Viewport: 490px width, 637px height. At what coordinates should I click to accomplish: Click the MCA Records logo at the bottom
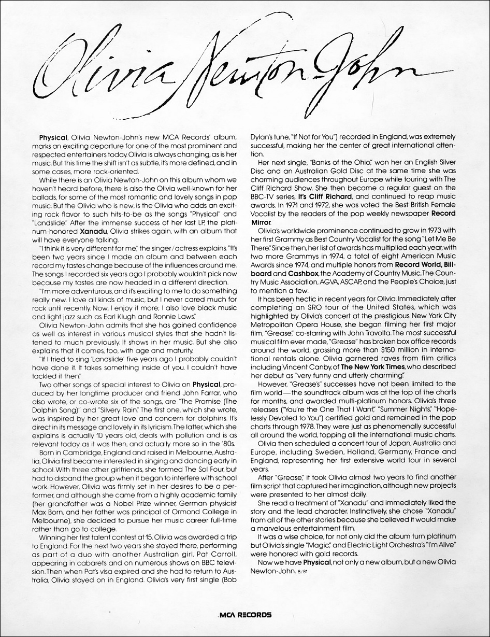[245, 615]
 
